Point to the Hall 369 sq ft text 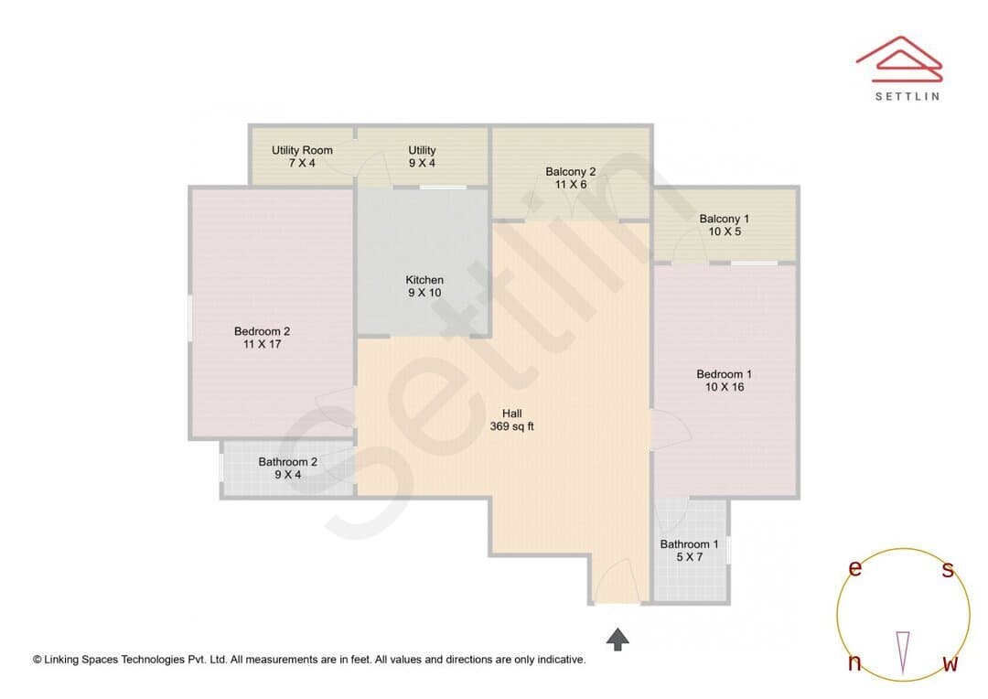click(511, 420)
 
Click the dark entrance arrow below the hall click(617, 640)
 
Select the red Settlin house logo click(899, 59)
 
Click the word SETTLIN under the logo click(907, 96)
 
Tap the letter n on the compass click(854, 662)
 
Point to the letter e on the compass click(855, 568)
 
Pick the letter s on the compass click(948, 569)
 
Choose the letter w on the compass click(950, 663)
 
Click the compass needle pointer click(903, 652)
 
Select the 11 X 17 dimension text click(263, 344)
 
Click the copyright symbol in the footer click(38, 660)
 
